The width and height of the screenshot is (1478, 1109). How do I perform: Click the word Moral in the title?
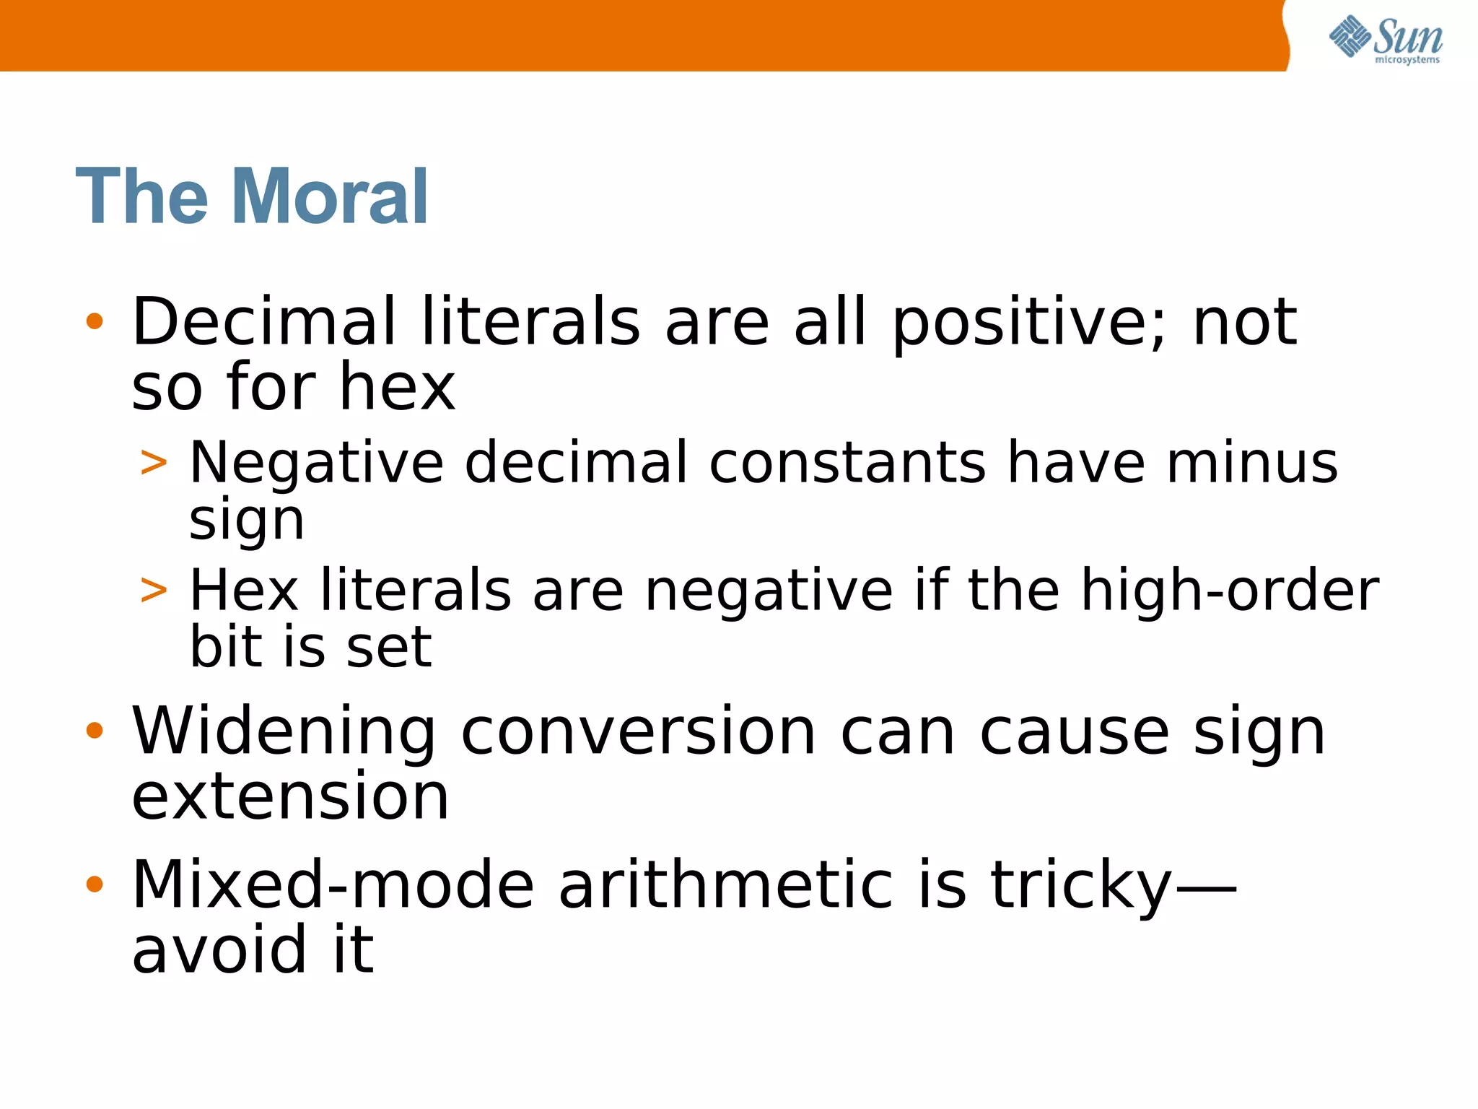pyautogui.click(x=331, y=196)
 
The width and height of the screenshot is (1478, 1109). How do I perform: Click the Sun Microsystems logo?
pyautogui.click(x=1385, y=40)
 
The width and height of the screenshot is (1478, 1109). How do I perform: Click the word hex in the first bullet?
pyautogui.click(x=397, y=387)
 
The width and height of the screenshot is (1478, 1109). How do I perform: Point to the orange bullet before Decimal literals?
pyautogui.click(x=95, y=321)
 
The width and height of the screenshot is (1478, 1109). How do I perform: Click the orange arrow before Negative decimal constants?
pyautogui.click(x=154, y=462)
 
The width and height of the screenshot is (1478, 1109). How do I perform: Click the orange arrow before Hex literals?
pyautogui.click(x=154, y=590)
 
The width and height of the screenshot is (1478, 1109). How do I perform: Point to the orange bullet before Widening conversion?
pyautogui.click(x=95, y=731)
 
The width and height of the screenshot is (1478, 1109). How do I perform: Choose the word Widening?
pyautogui.click(x=284, y=732)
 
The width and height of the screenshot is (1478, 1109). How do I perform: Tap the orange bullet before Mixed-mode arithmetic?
pyautogui.click(x=95, y=884)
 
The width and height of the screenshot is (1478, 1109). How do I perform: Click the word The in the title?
pyautogui.click(x=141, y=196)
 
